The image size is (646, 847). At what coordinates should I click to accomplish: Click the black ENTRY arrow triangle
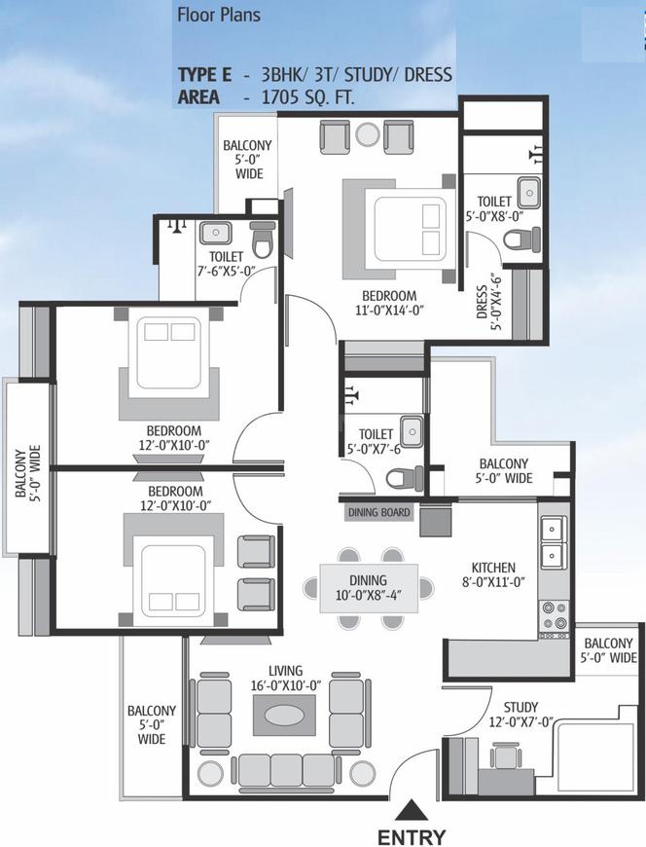(412, 811)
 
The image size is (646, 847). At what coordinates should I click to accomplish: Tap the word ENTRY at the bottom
(412, 836)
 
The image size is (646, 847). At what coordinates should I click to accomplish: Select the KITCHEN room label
(493, 568)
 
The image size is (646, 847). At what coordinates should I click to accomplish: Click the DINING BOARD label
(378, 512)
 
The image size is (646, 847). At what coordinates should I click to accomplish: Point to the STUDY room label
(520, 707)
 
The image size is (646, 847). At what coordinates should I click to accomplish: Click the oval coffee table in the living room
(284, 716)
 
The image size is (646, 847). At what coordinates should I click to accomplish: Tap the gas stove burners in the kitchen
(555, 616)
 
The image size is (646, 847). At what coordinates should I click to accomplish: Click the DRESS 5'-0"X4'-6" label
(488, 304)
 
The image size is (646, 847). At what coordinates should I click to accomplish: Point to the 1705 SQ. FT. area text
(307, 97)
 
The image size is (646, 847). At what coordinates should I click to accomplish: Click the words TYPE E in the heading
(204, 75)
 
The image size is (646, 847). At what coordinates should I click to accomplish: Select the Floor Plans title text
(219, 15)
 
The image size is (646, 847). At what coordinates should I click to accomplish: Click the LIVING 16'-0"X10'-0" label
(285, 678)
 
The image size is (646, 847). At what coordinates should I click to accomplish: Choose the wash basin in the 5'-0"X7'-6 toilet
(412, 431)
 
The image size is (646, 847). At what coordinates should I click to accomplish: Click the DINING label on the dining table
(368, 580)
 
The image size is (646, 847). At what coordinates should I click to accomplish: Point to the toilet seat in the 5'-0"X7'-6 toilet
(404, 478)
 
